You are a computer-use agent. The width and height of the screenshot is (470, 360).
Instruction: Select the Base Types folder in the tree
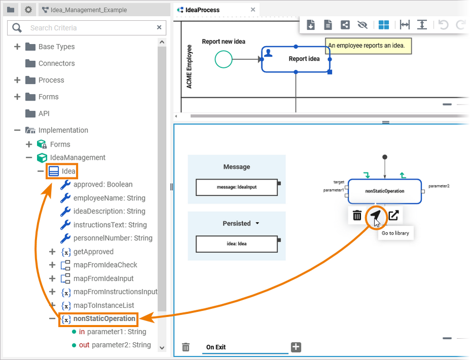click(56, 47)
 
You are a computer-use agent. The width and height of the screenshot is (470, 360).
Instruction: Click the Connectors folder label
click(56, 63)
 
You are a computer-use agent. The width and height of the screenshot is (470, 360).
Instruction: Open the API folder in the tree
click(44, 114)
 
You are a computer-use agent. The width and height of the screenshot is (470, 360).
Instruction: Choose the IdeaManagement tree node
click(78, 158)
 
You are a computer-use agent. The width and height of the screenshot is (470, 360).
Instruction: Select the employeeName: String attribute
click(109, 198)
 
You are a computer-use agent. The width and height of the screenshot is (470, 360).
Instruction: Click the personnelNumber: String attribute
click(113, 238)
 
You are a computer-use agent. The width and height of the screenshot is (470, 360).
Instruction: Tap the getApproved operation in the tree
click(93, 252)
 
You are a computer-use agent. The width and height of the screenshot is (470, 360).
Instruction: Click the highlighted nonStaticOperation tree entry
click(105, 319)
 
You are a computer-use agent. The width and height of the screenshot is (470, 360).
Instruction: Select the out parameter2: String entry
click(115, 345)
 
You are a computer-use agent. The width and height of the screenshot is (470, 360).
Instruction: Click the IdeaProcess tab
click(203, 10)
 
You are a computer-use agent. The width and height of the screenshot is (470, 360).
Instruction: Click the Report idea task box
click(296, 59)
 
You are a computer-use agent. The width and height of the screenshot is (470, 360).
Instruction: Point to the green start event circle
click(223, 59)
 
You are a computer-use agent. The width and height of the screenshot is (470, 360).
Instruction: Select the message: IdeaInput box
click(237, 187)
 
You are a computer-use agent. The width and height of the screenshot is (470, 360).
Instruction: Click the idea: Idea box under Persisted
click(237, 244)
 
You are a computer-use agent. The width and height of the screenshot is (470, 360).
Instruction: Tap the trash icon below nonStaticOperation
click(357, 216)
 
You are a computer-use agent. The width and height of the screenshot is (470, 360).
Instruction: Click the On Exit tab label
click(216, 347)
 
